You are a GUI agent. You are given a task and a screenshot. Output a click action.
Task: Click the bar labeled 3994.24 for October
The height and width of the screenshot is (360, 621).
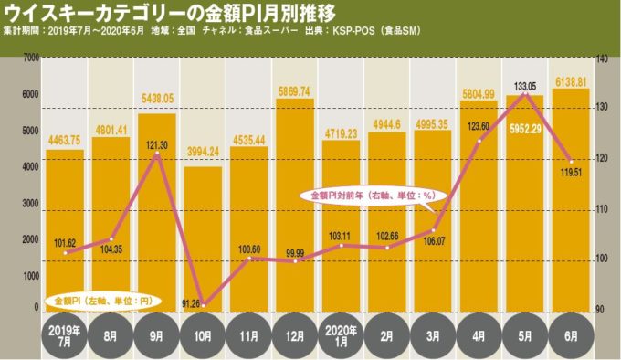click(x=203, y=238)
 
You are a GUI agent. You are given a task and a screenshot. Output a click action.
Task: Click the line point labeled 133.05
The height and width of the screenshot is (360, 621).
click(x=525, y=93)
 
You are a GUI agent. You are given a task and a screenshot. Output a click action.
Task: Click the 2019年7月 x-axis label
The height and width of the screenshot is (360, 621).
click(x=65, y=335)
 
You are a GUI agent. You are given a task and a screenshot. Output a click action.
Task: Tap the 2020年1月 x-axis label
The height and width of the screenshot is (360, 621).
click(x=341, y=335)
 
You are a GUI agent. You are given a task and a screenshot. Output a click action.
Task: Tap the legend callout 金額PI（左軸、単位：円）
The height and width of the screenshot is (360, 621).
click(x=100, y=300)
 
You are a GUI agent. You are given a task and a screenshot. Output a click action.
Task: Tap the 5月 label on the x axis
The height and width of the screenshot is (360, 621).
click(x=525, y=336)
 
